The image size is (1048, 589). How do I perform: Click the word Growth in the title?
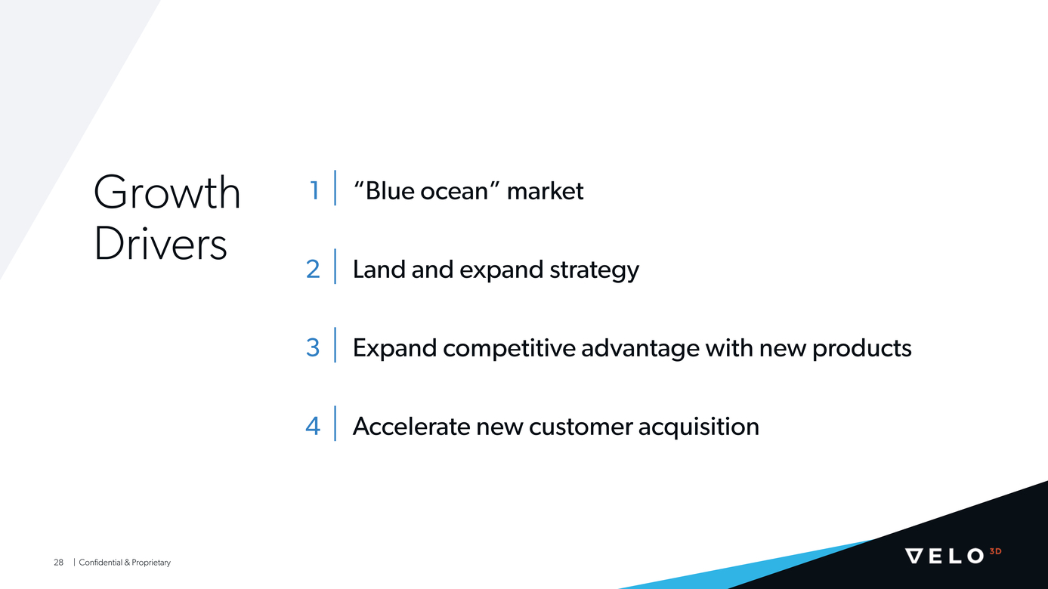(167, 192)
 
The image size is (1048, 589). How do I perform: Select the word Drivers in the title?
(160, 244)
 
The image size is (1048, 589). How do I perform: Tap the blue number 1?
(314, 191)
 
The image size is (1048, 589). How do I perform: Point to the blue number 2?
(313, 270)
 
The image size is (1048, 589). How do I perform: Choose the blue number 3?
(313, 348)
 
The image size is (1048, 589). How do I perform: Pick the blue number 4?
(313, 427)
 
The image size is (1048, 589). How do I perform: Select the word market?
(545, 191)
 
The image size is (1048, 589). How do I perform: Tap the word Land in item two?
(379, 270)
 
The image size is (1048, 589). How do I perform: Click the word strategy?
(594, 271)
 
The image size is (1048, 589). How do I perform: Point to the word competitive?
(509, 349)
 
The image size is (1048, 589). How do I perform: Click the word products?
(862, 349)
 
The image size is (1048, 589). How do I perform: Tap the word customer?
(580, 427)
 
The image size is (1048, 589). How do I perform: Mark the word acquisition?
(698, 427)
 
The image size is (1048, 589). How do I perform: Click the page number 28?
(58, 563)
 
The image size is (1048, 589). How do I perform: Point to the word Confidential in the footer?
(100, 563)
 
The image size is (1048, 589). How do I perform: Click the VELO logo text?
(944, 556)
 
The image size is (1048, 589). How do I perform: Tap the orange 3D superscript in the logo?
(996, 551)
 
